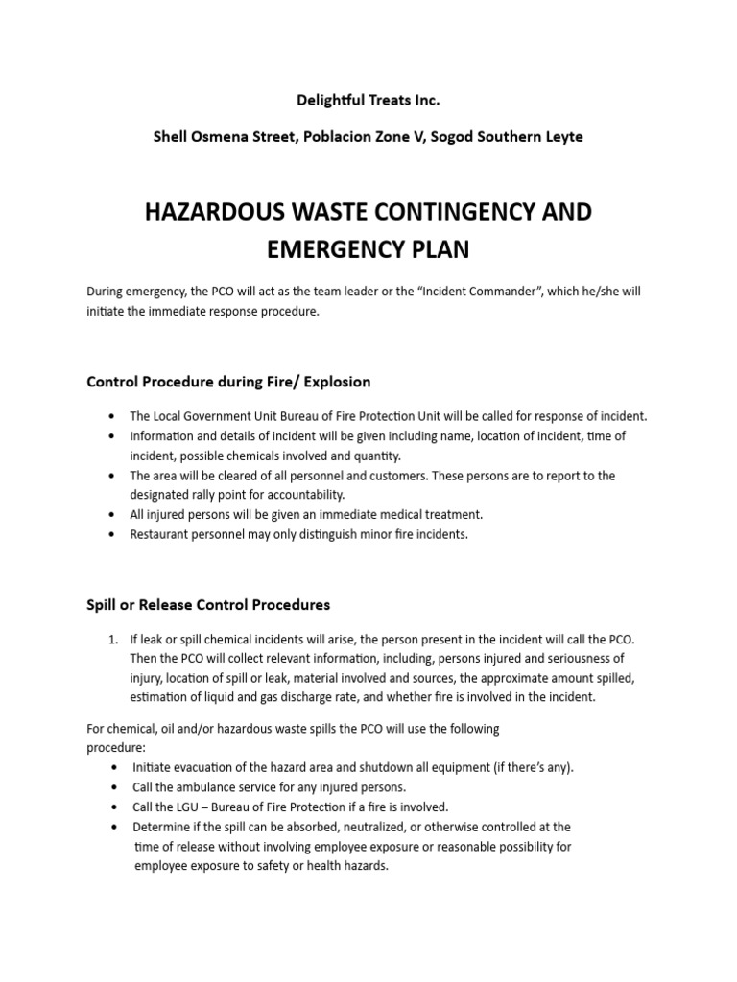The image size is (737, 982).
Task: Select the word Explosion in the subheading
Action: click(337, 382)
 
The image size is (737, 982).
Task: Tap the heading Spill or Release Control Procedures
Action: click(208, 605)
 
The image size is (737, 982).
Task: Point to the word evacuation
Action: click(206, 768)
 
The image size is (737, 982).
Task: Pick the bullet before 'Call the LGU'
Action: click(115, 807)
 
